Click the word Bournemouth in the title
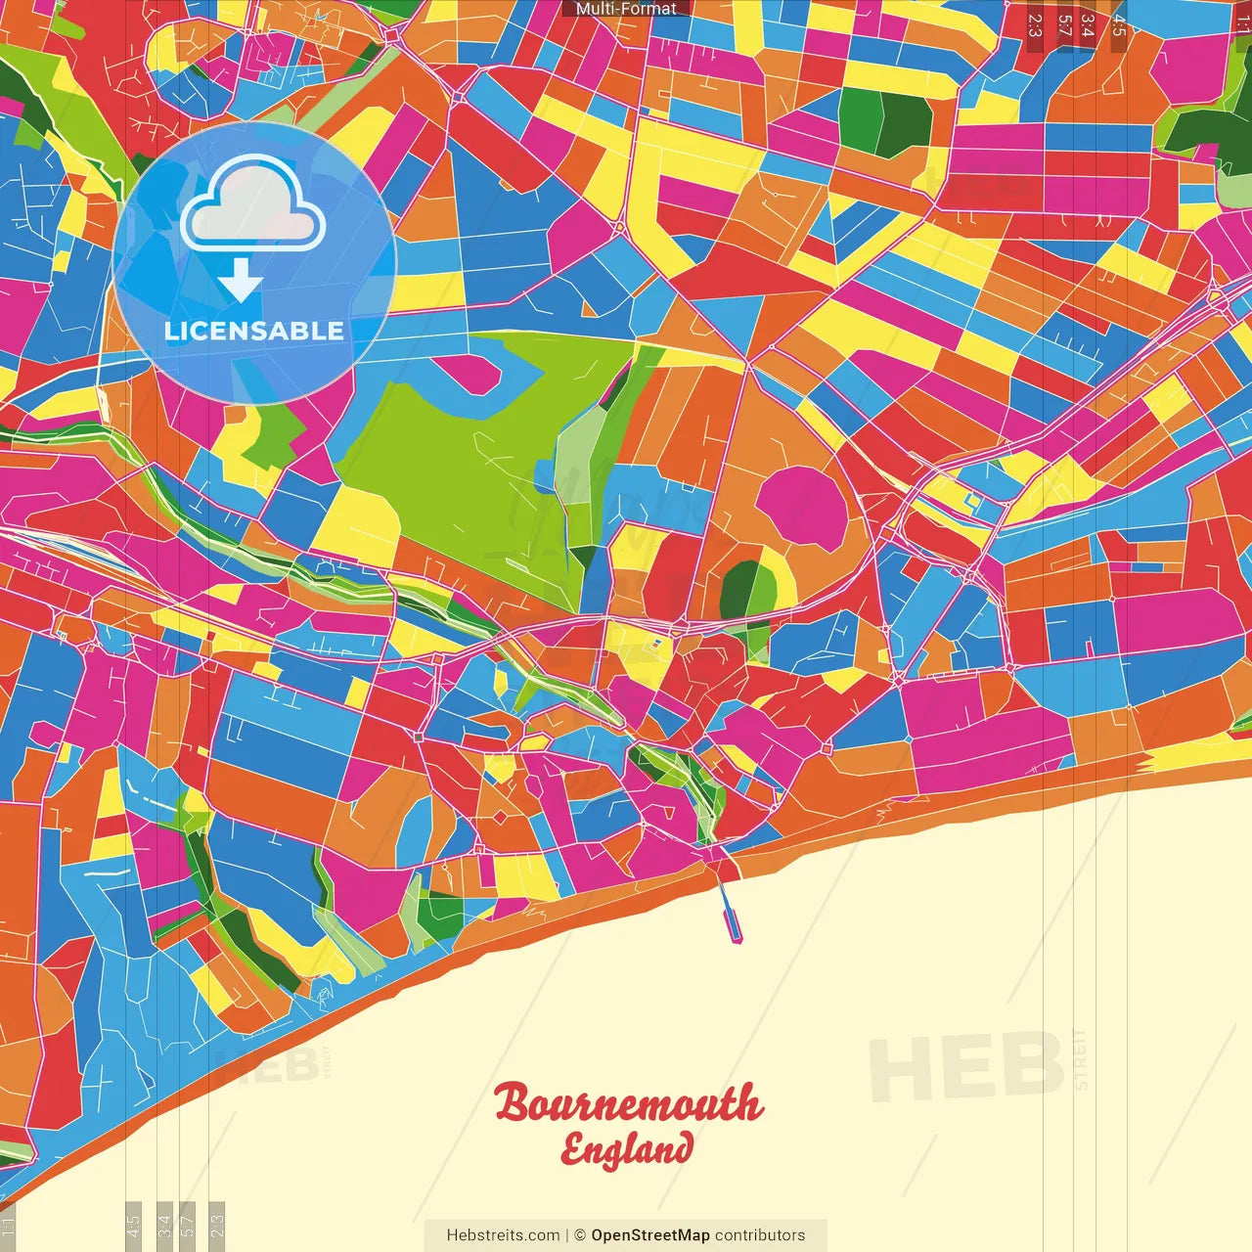(627, 1102)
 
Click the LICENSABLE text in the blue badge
(254, 331)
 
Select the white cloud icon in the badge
(253, 204)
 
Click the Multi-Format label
(626, 9)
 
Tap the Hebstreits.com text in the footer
(503, 1235)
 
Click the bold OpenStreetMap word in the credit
(650, 1235)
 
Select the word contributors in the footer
(760, 1235)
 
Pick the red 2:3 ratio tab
(1035, 24)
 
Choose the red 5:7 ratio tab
(1064, 24)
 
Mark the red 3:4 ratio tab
(1088, 24)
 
